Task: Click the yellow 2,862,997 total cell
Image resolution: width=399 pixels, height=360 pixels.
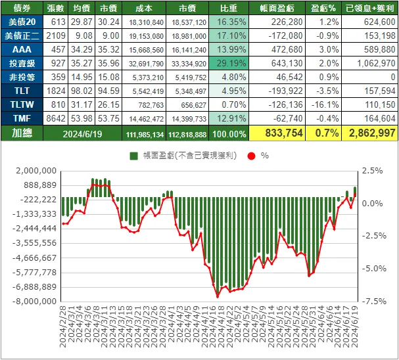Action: click(369, 133)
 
